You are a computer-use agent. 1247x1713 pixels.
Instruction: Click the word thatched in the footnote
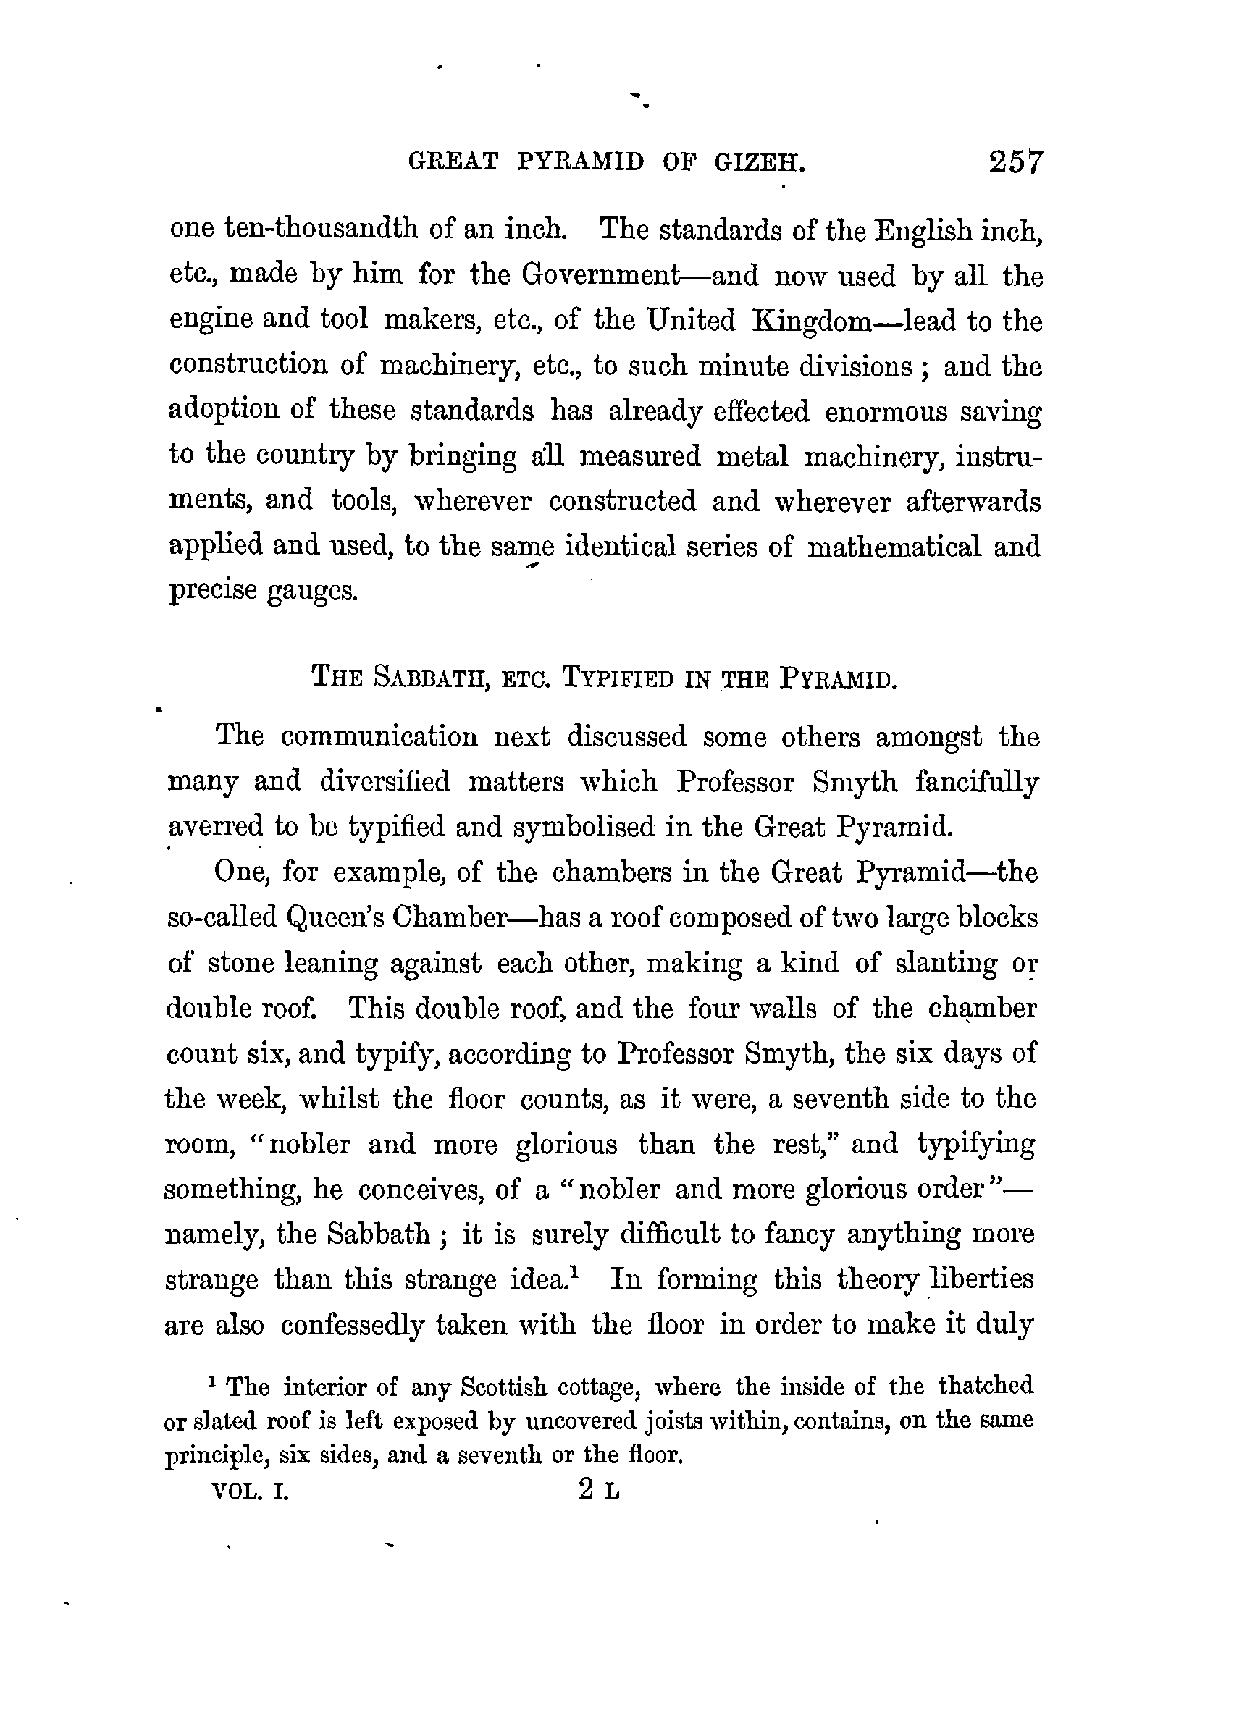coord(986,1386)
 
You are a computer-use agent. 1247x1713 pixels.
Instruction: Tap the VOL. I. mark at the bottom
coord(251,1492)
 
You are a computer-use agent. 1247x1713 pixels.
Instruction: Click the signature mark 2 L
coord(598,1491)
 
